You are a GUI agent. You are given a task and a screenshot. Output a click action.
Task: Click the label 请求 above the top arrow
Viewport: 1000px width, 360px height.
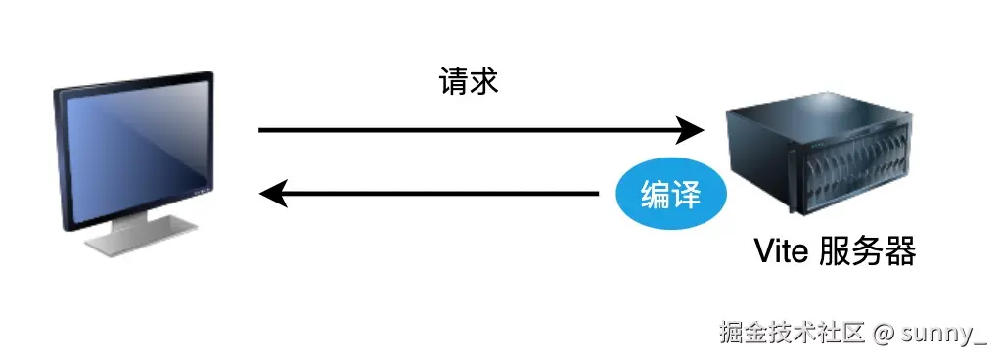470,82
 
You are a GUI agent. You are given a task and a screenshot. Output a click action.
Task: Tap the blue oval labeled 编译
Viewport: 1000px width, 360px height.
670,194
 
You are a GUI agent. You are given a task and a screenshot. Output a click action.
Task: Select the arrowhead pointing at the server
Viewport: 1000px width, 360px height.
692,129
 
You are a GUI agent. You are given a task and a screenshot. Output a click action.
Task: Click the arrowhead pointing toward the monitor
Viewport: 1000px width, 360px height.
273,194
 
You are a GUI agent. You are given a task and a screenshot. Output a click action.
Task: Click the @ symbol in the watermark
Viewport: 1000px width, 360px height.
884,333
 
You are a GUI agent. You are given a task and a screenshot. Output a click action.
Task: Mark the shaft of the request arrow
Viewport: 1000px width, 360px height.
470,129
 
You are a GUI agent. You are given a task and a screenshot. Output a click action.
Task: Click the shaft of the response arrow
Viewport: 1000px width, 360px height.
440,194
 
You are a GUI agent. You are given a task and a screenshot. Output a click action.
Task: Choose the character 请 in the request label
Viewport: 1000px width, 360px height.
455,82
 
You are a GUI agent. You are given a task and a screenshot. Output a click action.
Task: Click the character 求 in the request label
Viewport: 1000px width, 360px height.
485,82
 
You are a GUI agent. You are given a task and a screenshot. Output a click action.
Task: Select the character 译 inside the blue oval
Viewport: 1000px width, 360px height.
686,194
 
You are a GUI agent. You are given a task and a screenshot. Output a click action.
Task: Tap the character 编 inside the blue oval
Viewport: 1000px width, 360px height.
655,194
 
